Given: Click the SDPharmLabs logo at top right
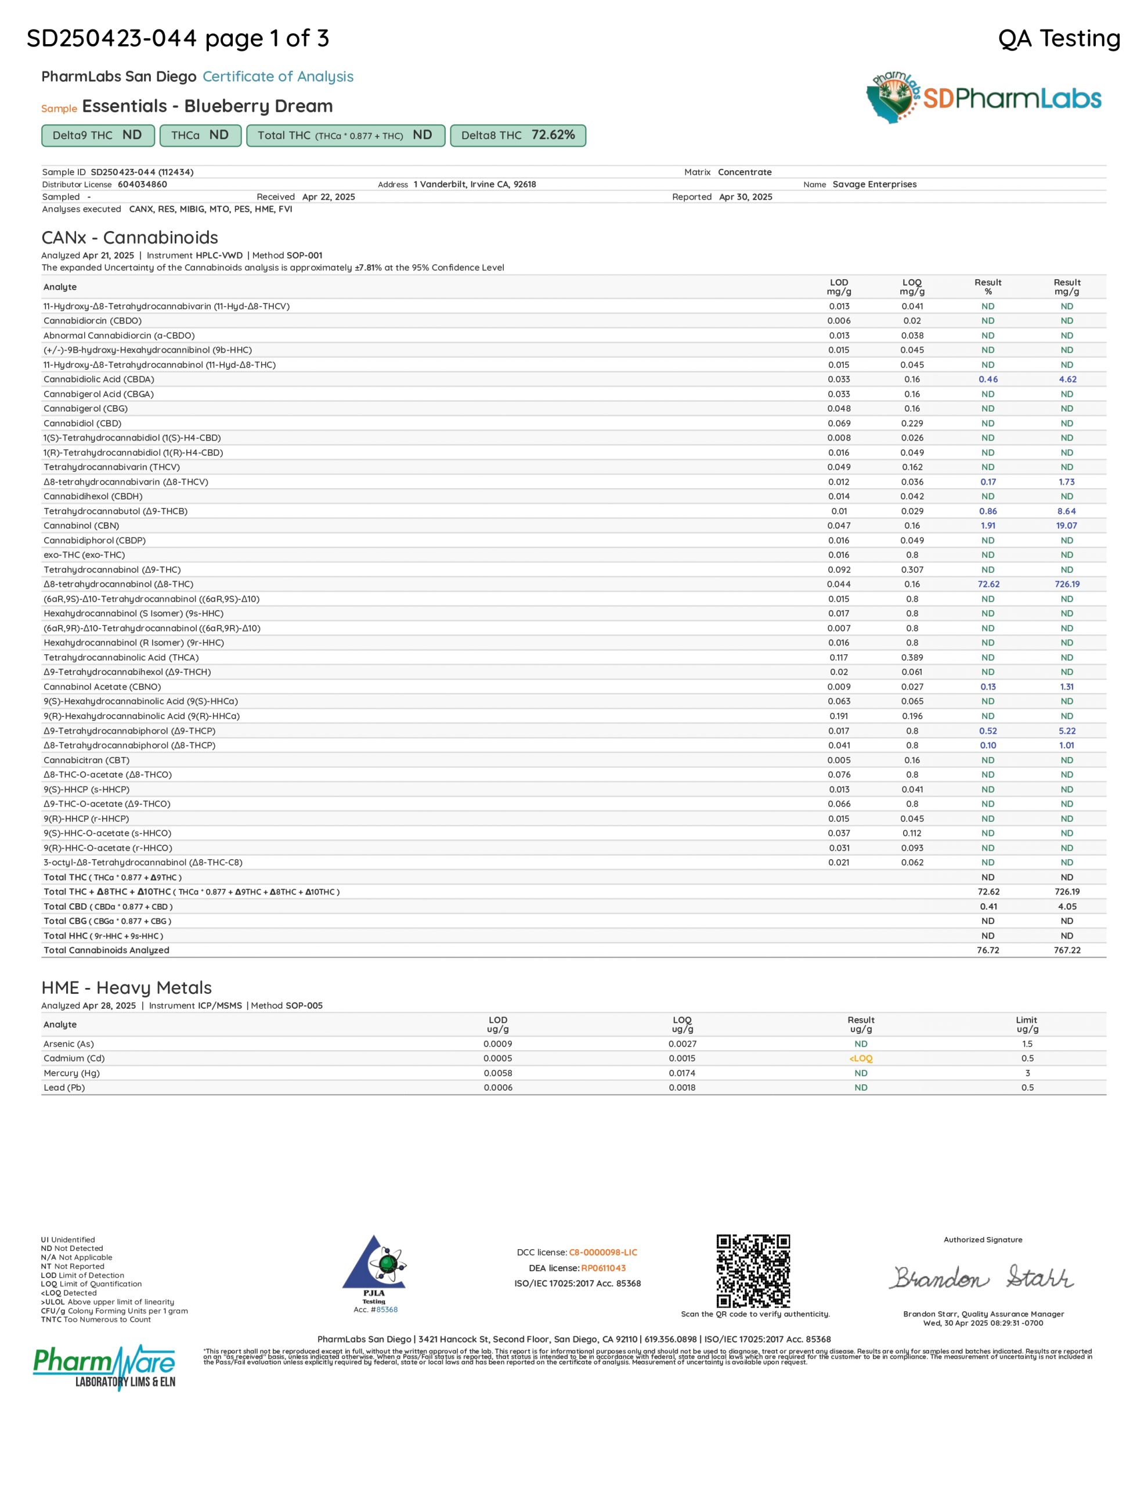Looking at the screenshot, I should point(983,99).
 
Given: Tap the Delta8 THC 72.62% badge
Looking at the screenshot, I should point(518,135).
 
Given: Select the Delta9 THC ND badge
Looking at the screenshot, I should point(98,135).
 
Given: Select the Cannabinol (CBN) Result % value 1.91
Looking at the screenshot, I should point(987,526).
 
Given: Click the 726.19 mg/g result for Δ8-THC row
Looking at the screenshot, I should point(1066,585).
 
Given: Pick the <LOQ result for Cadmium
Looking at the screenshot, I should point(860,1059).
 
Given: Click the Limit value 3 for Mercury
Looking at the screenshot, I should point(1027,1073).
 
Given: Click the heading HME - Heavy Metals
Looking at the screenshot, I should point(127,988).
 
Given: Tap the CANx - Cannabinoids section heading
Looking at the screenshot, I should point(130,237).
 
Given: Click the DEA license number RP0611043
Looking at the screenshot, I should point(603,1268).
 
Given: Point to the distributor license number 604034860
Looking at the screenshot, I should point(142,185).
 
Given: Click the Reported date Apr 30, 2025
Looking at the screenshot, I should point(745,197).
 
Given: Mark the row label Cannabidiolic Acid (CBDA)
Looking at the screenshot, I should point(99,380).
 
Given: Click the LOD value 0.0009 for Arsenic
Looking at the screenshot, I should point(497,1044).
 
